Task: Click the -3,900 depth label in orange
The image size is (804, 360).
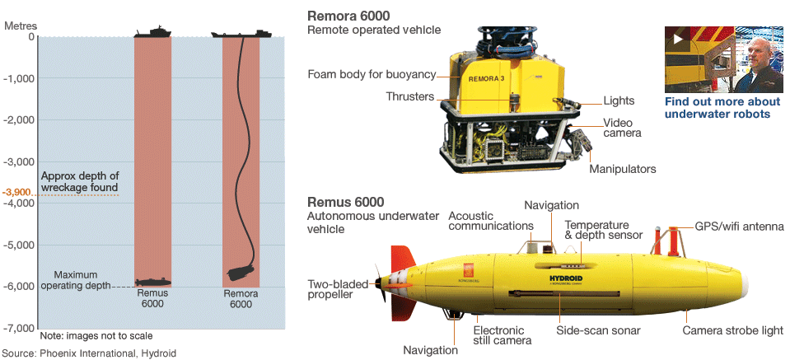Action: (18, 193)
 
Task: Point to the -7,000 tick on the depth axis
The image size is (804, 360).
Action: (20, 328)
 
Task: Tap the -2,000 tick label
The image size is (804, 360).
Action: (20, 120)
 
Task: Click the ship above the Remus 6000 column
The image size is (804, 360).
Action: (152, 32)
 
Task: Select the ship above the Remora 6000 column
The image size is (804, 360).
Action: (241, 33)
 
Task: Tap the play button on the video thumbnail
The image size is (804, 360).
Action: (679, 38)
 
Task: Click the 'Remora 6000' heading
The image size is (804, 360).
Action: (348, 16)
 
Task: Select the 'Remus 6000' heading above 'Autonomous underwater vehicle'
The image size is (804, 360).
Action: (345, 202)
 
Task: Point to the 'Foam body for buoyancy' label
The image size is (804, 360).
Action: (371, 74)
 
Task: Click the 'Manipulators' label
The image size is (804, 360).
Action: (622, 169)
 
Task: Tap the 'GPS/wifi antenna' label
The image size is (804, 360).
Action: (739, 225)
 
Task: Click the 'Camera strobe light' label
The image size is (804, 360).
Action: (732, 330)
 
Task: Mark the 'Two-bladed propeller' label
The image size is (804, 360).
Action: (337, 291)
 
